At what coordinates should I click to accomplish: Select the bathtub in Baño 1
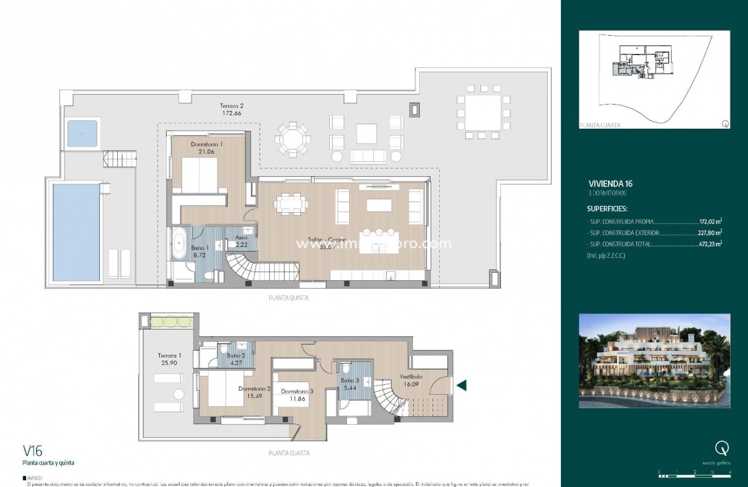pyautogui.click(x=181, y=244)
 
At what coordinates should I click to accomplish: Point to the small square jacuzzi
pyautogui.click(x=83, y=134)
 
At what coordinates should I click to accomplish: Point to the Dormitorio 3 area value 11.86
pyautogui.click(x=296, y=399)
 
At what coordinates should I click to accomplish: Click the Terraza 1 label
pyautogui.click(x=167, y=355)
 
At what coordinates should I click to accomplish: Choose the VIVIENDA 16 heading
pyautogui.click(x=610, y=183)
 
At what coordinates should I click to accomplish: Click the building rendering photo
pyautogui.click(x=654, y=361)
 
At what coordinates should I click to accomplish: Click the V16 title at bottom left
pyautogui.click(x=32, y=451)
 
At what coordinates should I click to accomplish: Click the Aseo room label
pyautogui.click(x=241, y=238)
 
